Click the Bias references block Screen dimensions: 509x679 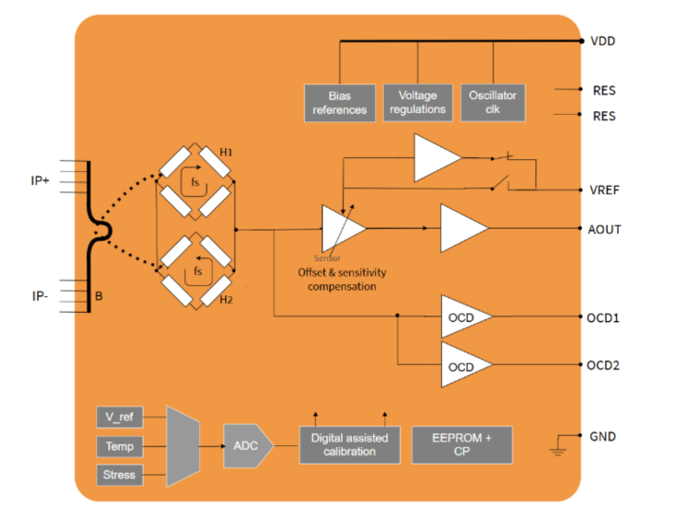tap(340, 102)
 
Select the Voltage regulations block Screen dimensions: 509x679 tap(418, 102)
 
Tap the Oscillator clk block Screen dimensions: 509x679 tap(493, 102)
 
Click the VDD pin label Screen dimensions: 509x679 tap(602, 42)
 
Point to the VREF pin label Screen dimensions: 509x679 tap(604, 190)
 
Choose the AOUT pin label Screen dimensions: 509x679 tap(604, 229)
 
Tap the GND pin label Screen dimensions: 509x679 tap(602, 436)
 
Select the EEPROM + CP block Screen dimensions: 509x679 tap(461, 445)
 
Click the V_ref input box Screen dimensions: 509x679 tap(120, 417)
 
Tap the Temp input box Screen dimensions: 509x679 tap(120, 446)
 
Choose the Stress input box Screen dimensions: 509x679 tap(120, 475)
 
